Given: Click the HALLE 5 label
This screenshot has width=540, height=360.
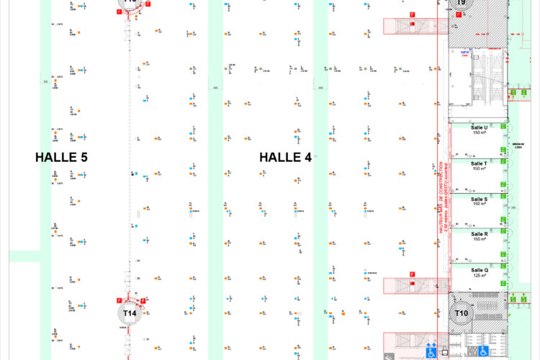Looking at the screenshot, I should tap(61, 156).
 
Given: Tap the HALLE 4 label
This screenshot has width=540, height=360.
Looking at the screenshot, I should tap(285, 156).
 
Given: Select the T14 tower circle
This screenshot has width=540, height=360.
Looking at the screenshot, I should tap(130, 313).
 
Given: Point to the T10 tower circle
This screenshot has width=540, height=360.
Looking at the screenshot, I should tap(461, 313).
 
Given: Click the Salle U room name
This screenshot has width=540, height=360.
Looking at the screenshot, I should tap(480, 127).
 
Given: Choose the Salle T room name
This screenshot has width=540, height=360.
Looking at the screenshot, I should tap(480, 163).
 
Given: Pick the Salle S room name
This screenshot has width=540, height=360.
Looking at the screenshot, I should tap(480, 199).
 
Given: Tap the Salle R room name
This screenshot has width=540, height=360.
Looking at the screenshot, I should tap(480, 234).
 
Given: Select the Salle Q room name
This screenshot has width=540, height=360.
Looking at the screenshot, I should tap(480, 270).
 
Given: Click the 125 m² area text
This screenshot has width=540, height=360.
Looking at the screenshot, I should tap(480, 276).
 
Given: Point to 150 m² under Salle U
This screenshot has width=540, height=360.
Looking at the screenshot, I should tap(480, 133).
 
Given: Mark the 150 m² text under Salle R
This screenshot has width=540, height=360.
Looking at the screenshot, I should tap(480, 240).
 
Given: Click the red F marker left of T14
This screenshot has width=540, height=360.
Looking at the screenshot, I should tap(119, 300).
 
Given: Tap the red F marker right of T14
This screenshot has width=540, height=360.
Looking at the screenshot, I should tap(143, 300).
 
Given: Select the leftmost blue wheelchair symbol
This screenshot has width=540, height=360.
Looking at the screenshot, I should tap(431, 351).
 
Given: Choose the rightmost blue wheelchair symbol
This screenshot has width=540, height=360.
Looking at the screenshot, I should tap(484, 351).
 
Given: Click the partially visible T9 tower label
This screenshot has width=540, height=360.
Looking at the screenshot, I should tap(461, 4).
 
